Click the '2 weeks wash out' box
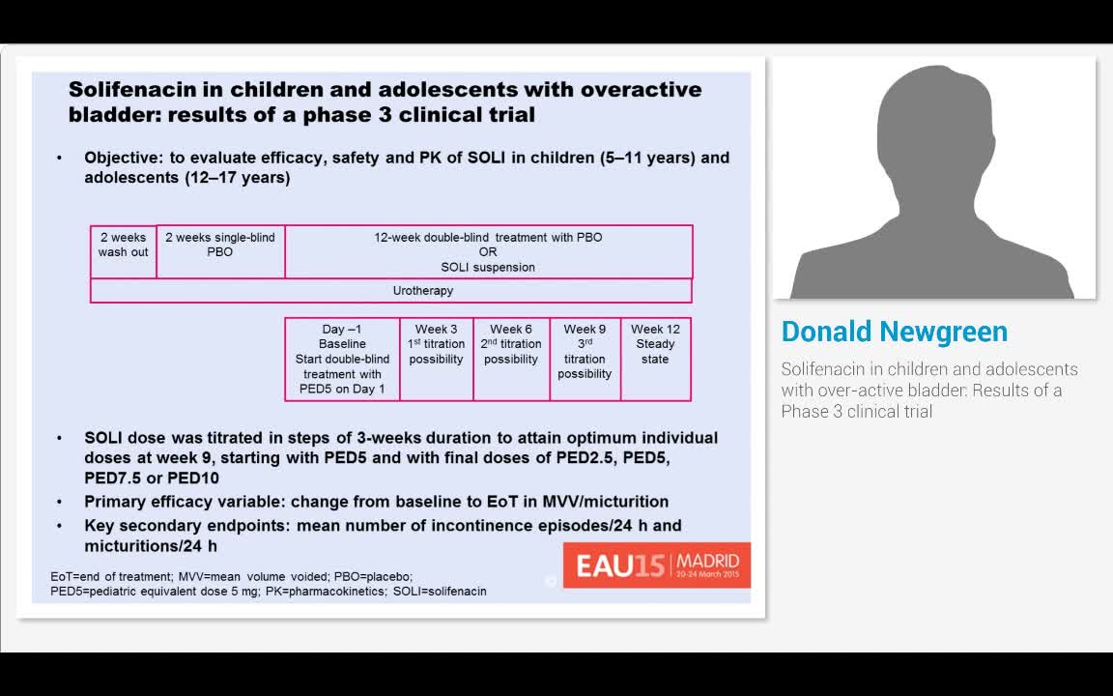pyautogui.click(x=124, y=251)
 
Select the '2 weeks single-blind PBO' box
pyautogui.click(x=220, y=251)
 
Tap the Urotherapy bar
pyautogui.click(x=391, y=290)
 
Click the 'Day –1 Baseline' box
pyautogui.click(x=343, y=359)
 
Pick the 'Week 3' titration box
pyautogui.click(x=437, y=359)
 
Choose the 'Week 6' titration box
pyautogui.click(x=511, y=359)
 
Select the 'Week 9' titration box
pyautogui.click(x=585, y=359)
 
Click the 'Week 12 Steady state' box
pyautogui.click(x=655, y=359)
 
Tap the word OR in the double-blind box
pyautogui.click(x=488, y=252)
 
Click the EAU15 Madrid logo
pyautogui.click(x=657, y=565)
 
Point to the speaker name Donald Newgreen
pyautogui.click(x=894, y=332)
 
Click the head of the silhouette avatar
pyautogui.click(x=933, y=126)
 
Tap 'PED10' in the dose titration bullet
pyautogui.click(x=193, y=478)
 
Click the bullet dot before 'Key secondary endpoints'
pyautogui.click(x=60, y=526)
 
